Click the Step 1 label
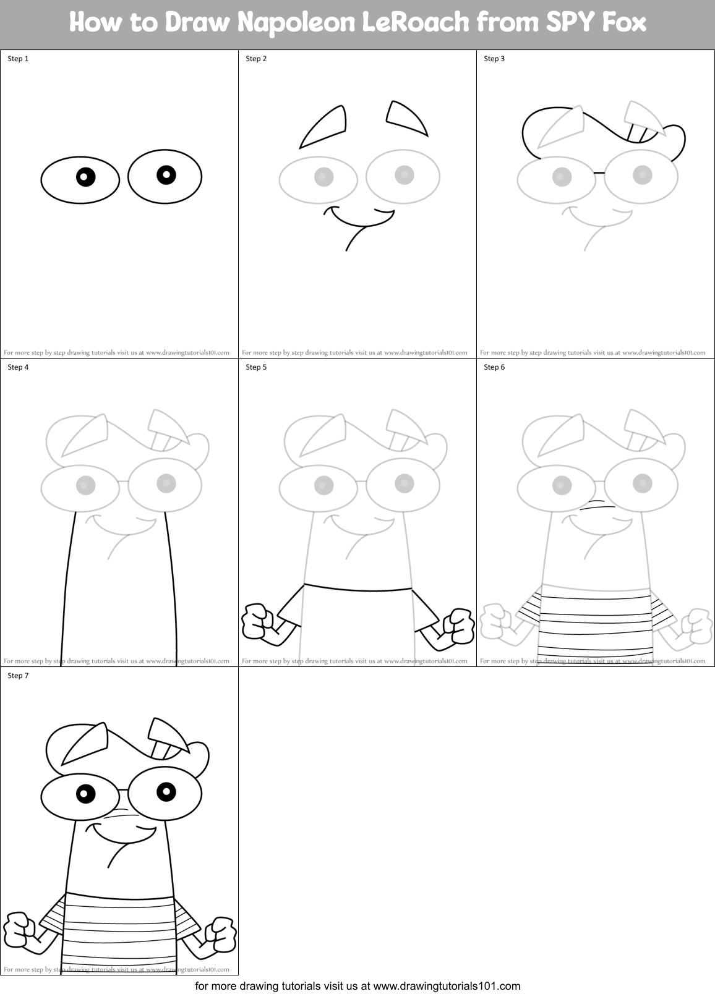tap(18, 59)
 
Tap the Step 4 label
tap(18, 367)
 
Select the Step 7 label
tap(18, 676)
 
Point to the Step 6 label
tap(494, 367)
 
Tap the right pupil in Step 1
tap(166, 174)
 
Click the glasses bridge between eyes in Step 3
tap(599, 172)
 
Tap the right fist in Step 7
tap(222, 933)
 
